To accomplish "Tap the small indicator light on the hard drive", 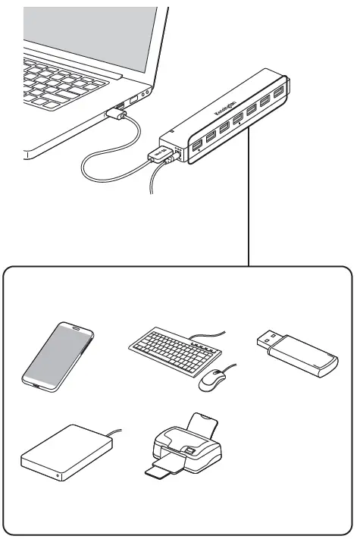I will (58, 477).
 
